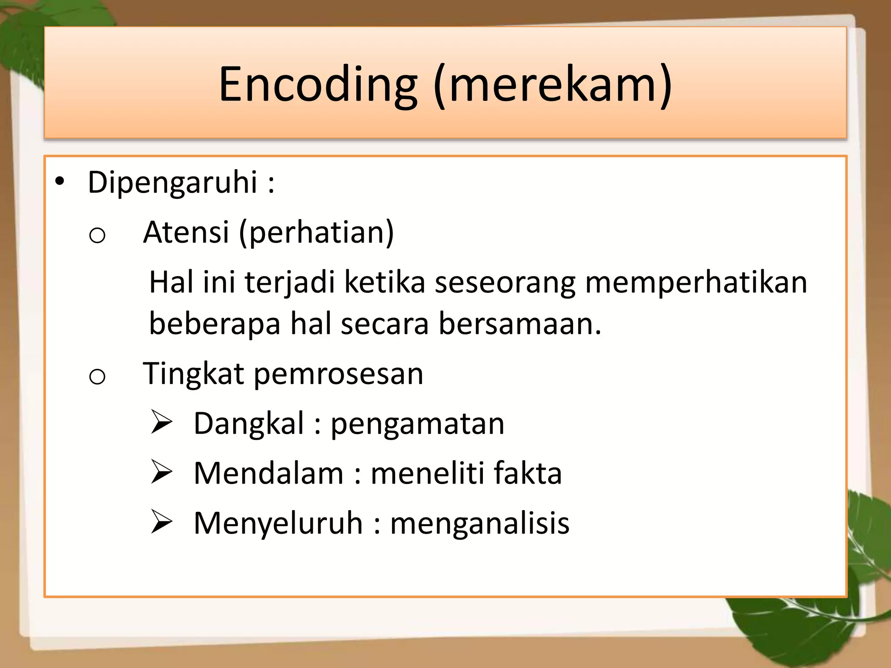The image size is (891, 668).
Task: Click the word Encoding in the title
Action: coord(318,85)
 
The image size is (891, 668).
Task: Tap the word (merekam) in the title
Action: coord(553,85)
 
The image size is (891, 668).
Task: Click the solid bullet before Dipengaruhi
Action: coord(60,181)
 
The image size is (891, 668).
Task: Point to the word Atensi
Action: coord(186,232)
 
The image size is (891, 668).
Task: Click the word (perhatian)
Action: coord(316,233)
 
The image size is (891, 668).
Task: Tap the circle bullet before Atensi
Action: coord(97,236)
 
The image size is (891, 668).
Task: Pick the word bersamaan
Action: coord(519,324)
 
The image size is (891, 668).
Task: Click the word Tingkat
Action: coord(193,374)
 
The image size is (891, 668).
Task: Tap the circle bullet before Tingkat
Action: coord(97,377)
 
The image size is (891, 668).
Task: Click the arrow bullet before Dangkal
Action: coord(161,422)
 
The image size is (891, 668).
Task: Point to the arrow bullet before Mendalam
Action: coord(161,472)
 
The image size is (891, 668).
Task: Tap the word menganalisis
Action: coord(479,524)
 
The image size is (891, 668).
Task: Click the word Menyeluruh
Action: coord(278,524)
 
